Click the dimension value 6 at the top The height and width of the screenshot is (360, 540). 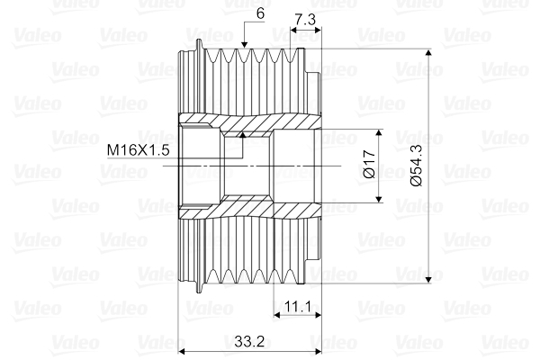(x=260, y=13)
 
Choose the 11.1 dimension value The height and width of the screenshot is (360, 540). (x=298, y=307)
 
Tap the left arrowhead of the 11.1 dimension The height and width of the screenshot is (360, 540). (x=276, y=316)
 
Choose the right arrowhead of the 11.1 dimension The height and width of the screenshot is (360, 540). (x=317, y=316)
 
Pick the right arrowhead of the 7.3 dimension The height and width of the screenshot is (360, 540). (x=317, y=30)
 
